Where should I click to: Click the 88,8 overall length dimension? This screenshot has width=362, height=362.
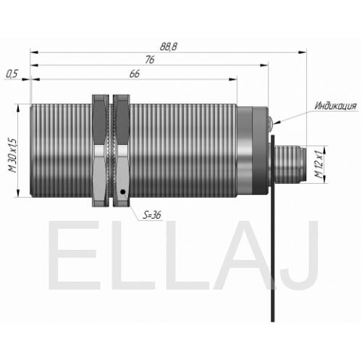[169, 46]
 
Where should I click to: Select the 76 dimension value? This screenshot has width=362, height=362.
[150, 59]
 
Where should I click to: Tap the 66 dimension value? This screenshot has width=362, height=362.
[135, 74]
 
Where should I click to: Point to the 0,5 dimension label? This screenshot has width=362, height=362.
[12, 74]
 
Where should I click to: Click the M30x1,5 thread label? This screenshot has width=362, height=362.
[13, 156]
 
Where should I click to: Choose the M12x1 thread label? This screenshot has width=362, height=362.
[319, 164]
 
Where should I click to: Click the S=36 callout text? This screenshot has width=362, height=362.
[152, 214]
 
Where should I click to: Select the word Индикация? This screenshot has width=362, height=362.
[335, 106]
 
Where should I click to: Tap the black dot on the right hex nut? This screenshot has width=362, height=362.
[123, 192]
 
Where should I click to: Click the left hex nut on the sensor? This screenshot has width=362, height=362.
[101, 151]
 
